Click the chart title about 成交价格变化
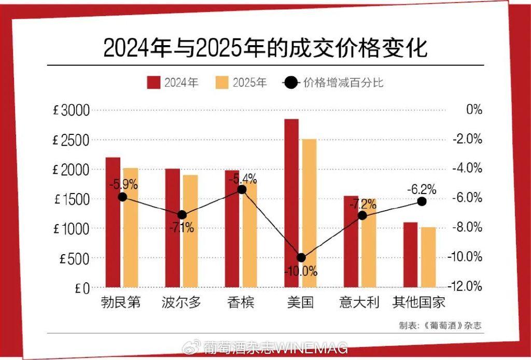point(265,47)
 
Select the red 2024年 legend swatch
point(153,82)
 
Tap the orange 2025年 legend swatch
point(221,82)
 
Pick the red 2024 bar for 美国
point(291,202)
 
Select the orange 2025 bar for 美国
point(309,213)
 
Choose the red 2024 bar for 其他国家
point(410,254)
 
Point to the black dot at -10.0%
point(301,257)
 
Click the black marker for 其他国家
point(422,201)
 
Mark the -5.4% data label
point(243,179)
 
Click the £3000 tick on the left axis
point(71,110)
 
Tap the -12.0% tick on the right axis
point(468,286)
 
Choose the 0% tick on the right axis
point(474,110)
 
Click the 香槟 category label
point(241,302)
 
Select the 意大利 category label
point(359,302)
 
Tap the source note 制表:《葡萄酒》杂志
point(444,326)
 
